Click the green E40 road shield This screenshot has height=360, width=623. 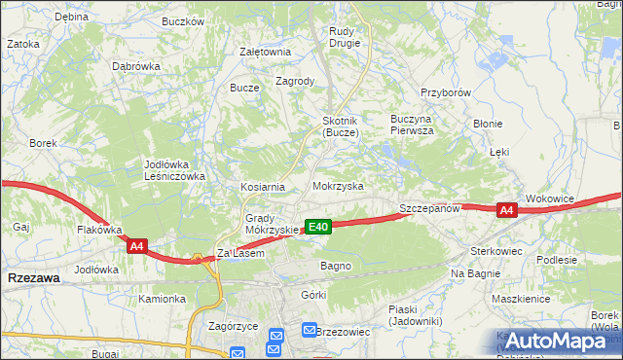pyautogui.click(x=318, y=227)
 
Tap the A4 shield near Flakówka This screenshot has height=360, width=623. pyautogui.click(x=136, y=247)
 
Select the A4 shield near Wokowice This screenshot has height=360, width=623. pyautogui.click(x=505, y=210)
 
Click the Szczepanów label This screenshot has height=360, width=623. pyautogui.click(x=428, y=209)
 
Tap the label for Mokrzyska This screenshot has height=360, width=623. pyautogui.click(x=338, y=185)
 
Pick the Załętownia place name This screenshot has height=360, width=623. pyautogui.click(x=265, y=53)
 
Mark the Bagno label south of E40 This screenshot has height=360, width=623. pyautogui.click(x=335, y=266)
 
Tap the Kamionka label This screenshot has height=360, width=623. pyautogui.click(x=162, y=299)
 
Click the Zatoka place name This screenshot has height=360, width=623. pyautogui.click(x=23, y=44)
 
